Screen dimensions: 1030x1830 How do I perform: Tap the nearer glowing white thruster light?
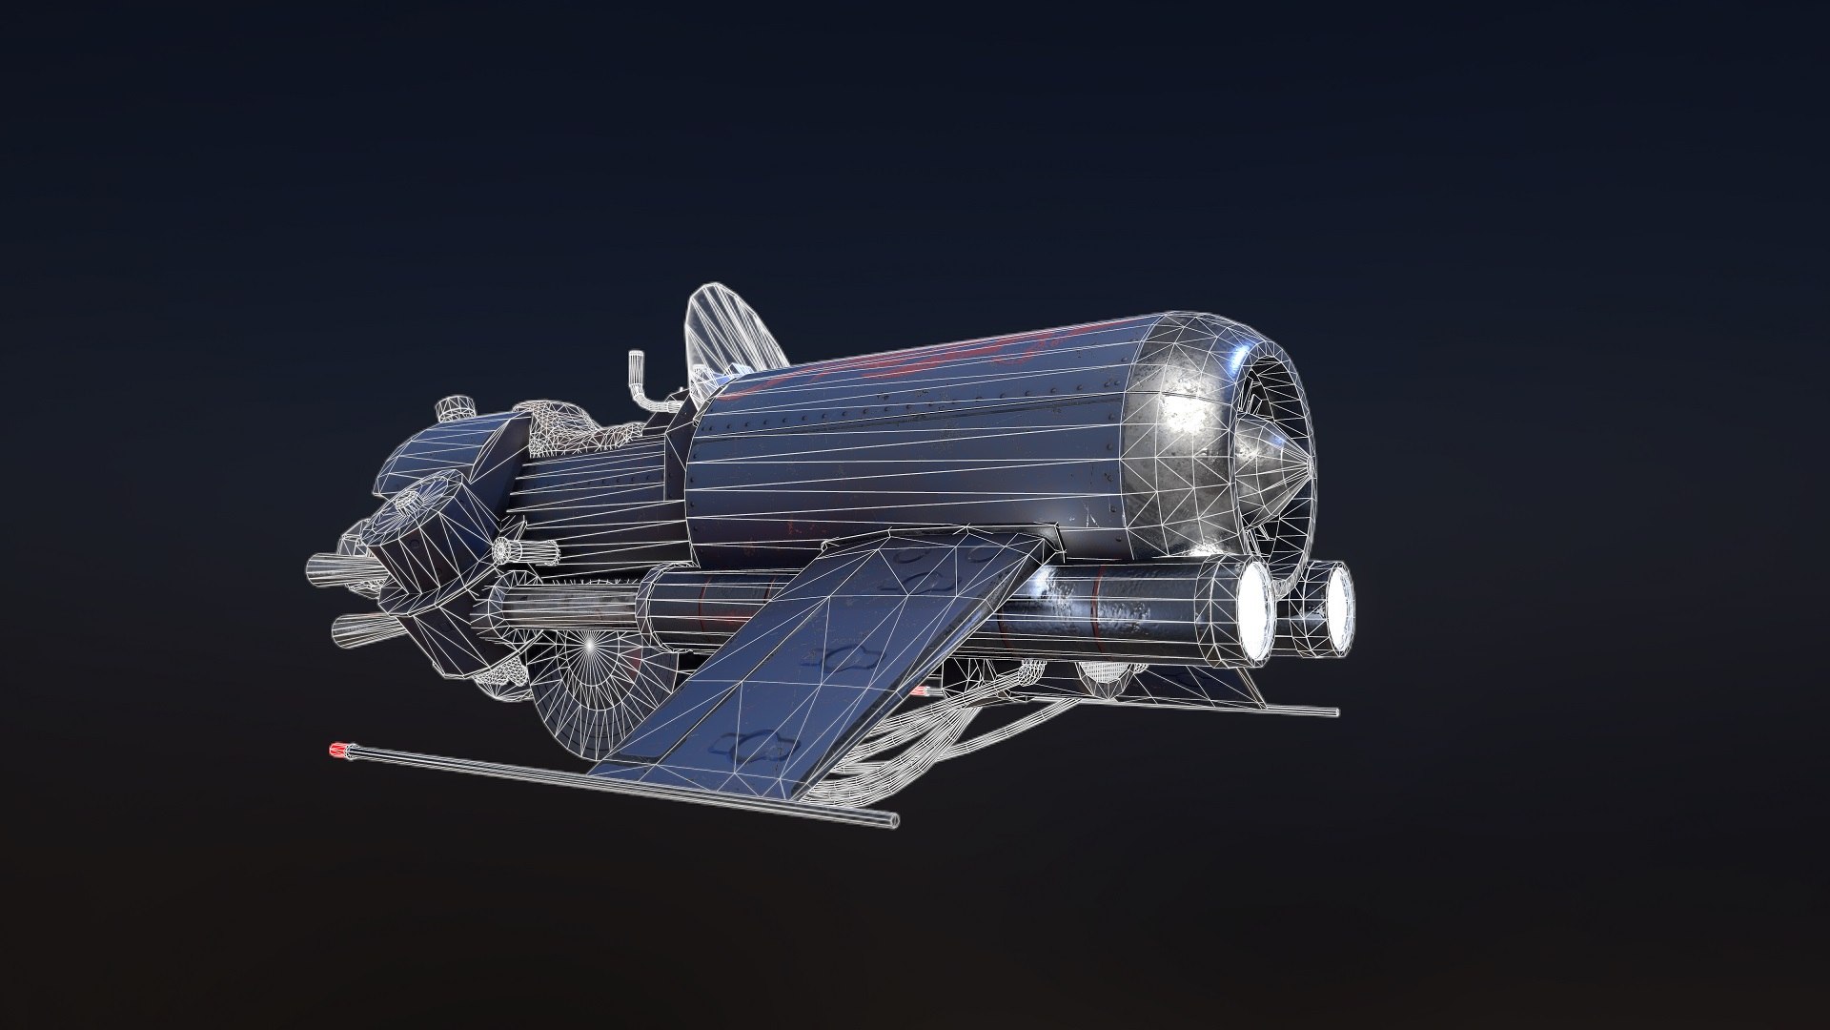pos(1256,611)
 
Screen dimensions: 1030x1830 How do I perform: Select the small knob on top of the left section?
pos(455,409)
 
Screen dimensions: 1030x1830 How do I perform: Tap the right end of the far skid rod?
pos(1332,711)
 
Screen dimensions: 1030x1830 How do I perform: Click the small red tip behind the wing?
pos(918,690)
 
